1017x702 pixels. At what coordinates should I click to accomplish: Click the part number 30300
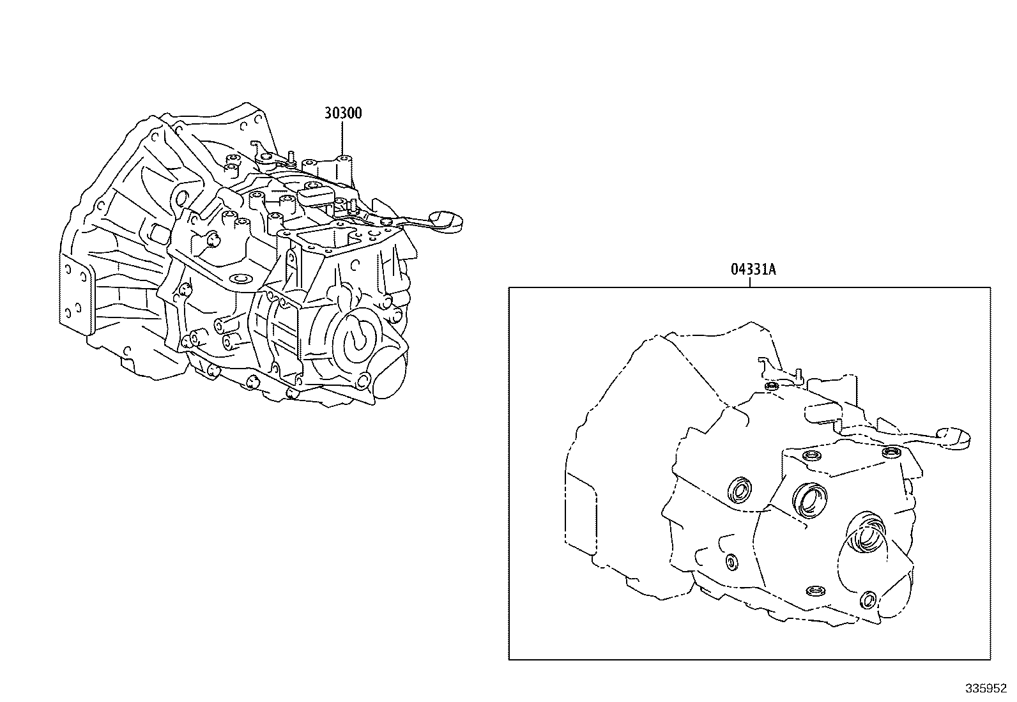343,113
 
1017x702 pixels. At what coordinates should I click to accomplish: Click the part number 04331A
753,269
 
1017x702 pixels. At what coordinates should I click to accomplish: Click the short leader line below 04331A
750,282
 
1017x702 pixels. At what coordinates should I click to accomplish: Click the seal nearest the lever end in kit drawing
891,453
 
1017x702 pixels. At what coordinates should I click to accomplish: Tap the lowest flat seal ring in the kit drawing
814,590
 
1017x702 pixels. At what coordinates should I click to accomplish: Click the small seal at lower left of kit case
731,560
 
